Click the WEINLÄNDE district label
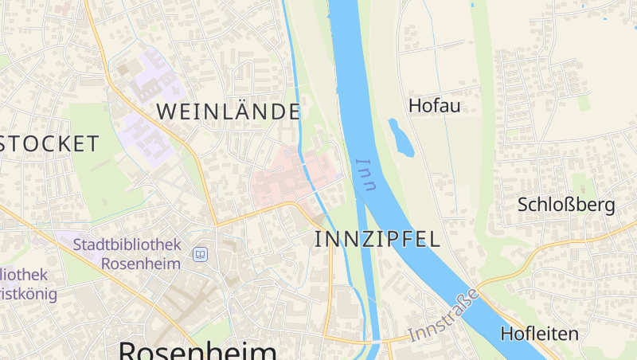coord(229,112)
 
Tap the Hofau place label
coord(435,105)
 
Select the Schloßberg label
coord(566,205)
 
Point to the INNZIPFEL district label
coord(377,239)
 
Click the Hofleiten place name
coord(540,334)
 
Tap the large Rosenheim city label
coord(198,350)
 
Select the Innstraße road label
coord(444,316)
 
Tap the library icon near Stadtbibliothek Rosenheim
coord(200,255)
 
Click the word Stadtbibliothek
coord(127,245)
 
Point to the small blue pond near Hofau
coord(401,137)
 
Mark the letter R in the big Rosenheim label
coord(131,350)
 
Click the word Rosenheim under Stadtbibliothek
coord(142,264)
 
